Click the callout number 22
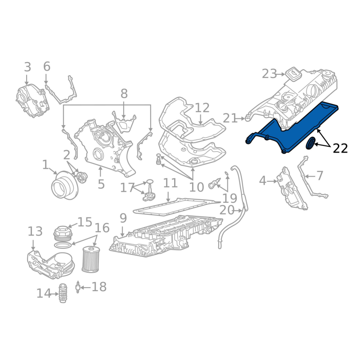point(340,147)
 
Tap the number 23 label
point(270,73)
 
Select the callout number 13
point(35,232)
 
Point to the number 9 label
point(123,219)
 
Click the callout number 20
point(227,210)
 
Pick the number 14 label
point(44,293)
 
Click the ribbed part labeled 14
point(63,293)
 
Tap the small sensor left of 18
point(78,287)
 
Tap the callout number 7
point(319,175)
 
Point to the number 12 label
point(202,108)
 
